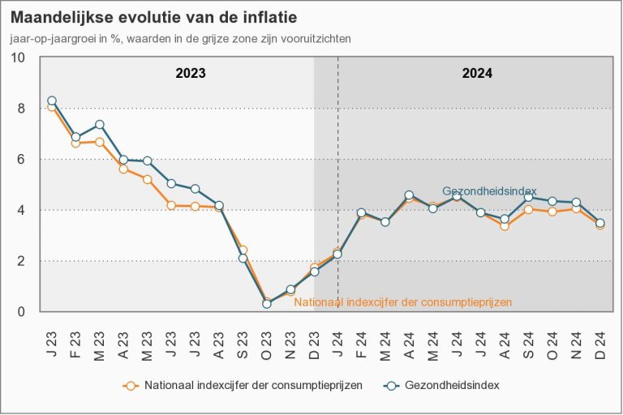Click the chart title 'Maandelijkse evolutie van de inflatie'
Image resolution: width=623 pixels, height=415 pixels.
coord(153,17)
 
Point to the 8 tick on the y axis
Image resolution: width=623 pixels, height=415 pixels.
coord(21,109)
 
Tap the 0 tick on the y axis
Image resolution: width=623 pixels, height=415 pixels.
coord(21,312)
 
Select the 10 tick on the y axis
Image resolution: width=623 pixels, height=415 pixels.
coord(18,58)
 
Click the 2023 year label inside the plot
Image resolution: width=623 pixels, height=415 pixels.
coord(191,73)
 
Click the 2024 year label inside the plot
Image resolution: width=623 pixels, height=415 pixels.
coord(477,73)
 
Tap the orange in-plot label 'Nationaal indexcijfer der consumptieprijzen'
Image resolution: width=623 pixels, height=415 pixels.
coord(403,302)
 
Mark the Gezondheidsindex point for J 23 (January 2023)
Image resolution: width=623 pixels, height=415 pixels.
coord(52,101)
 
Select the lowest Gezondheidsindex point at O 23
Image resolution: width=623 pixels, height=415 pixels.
coord(267,304)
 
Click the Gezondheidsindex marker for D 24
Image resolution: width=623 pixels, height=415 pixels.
coord(600,223)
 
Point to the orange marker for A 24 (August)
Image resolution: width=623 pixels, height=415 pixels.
coord(505,226)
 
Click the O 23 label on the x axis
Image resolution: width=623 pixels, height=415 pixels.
coord(267,335)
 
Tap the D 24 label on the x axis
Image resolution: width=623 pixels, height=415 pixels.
coord(600,335)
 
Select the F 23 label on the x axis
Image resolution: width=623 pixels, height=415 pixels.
coord(75,335)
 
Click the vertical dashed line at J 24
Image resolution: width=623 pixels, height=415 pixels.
coord(338,162)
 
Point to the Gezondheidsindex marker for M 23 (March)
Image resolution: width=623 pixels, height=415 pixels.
coord(100,125)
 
